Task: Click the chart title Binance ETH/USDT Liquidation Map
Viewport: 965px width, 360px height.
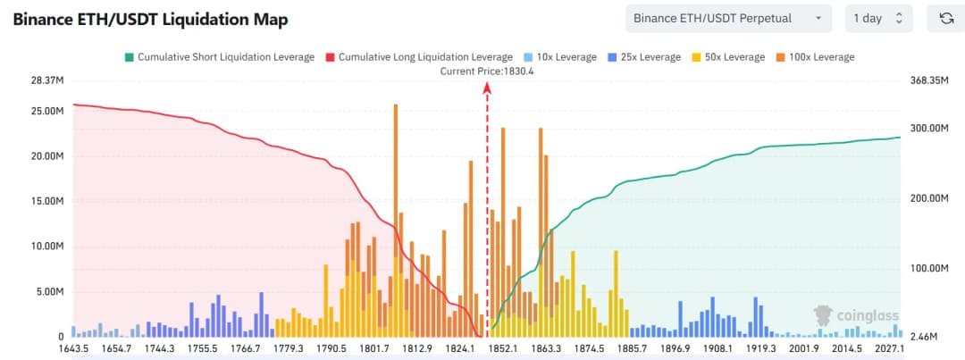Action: click(150, 19)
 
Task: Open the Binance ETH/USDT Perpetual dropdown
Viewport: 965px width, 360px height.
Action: click(728, 18)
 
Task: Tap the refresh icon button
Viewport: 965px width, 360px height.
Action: click(945, 18)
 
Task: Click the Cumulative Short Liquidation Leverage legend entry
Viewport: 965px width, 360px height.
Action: click(219, 57)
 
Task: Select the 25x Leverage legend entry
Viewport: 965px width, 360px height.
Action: click(644, 57)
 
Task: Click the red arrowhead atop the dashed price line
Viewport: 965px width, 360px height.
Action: click(487, 87)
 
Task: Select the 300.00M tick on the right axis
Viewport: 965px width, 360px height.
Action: click(928, 128)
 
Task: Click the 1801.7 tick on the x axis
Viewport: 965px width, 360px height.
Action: click(375, 348)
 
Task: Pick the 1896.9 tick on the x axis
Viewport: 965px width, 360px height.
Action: click(675, 348)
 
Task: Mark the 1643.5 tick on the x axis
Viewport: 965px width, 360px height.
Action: click(75, 348)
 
